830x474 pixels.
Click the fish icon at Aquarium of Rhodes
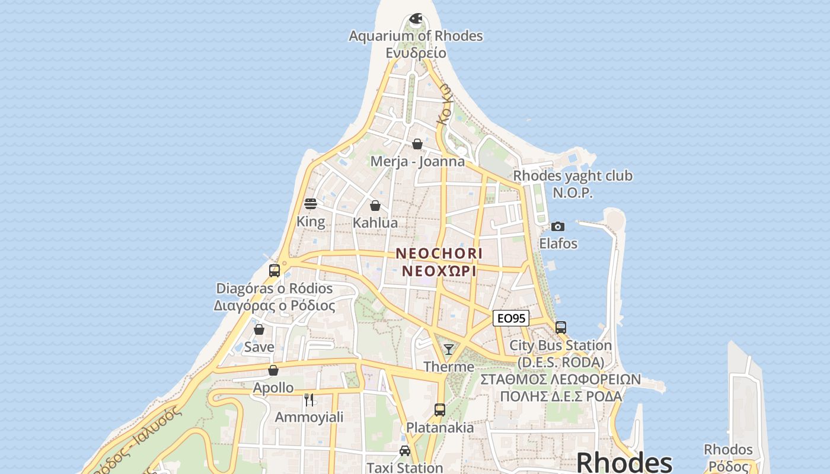coord(416,18)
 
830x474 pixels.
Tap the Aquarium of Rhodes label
coord(416,36)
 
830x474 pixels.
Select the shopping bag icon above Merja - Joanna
coord(417,144)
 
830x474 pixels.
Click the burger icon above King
coord(311,204)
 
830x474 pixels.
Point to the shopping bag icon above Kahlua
coord(375,206)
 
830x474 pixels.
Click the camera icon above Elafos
coord(557,226)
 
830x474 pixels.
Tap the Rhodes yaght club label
coord(572,176)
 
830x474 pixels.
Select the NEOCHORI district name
coord(439,254)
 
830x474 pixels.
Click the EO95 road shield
coord(510,318)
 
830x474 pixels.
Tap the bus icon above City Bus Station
coord(560,327)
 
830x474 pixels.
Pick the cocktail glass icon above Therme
coord(449,349)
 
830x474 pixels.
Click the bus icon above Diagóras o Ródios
coord(274,271)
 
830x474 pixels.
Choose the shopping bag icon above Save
coord(259,329)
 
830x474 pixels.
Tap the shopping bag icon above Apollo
coord(273,370)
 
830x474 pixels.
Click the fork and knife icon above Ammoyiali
coord(309,399)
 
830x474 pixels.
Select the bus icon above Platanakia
coord(439,409)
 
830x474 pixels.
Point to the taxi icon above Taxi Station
coord(405,451)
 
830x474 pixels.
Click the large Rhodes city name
coord(624,462)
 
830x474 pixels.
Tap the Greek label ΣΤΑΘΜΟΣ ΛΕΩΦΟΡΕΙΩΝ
coord(560,379)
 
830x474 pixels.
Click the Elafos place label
coord(558,244)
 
